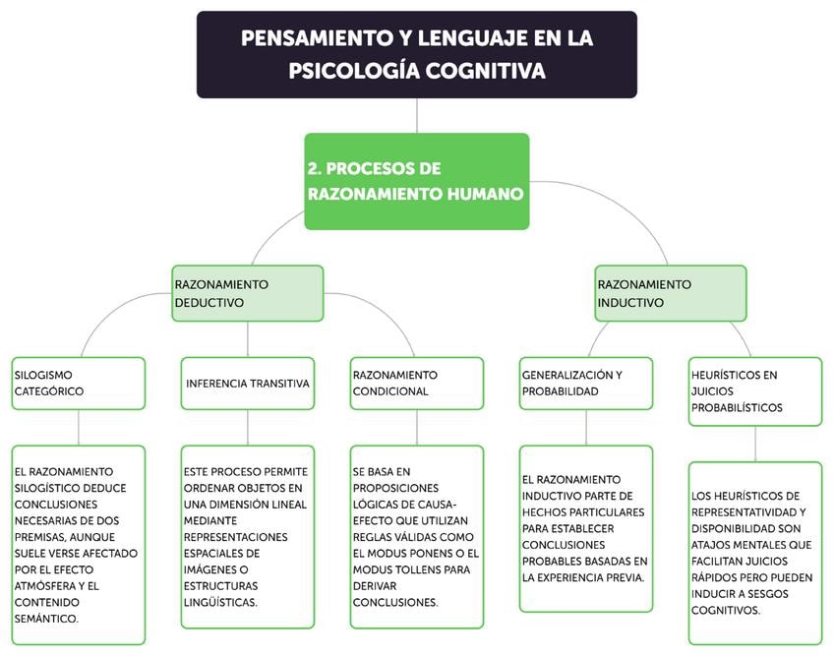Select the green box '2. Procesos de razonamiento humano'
click(416, 181)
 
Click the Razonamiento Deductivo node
click(247, 293)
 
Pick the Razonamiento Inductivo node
click(671, 293)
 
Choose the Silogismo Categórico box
click(79, 383)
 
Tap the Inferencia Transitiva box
click(247, 383)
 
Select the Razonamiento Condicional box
click(417, 383)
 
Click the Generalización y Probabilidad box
click(586, 383)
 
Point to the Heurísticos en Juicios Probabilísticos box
click(755, 390)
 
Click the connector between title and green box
click(417, 115)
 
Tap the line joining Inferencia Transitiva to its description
click(247, 427)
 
